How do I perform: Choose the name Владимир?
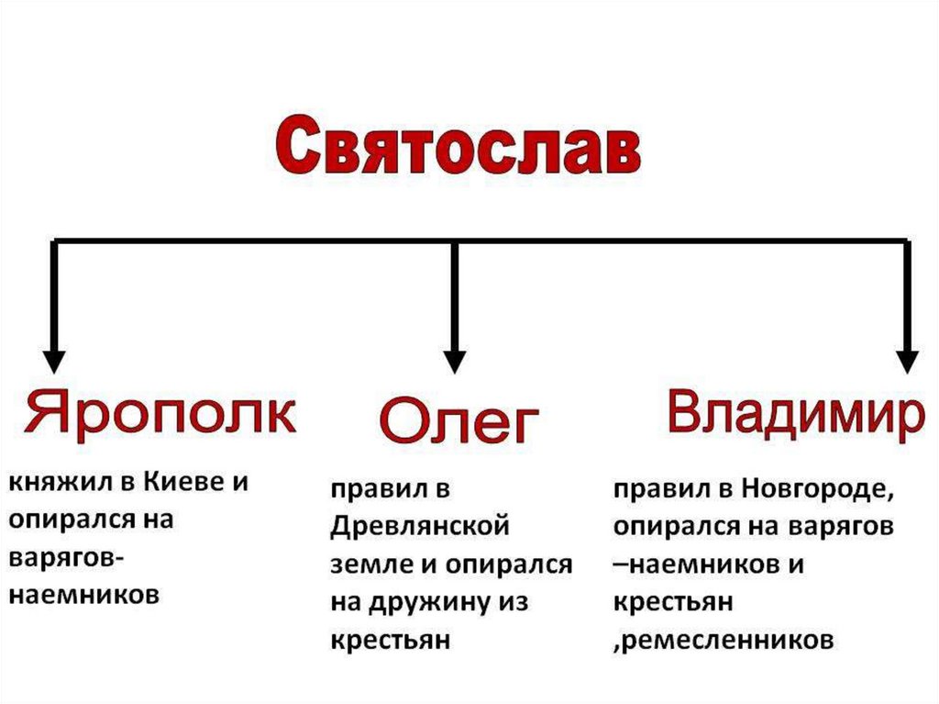794,416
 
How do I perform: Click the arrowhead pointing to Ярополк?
54,359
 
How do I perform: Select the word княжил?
50,484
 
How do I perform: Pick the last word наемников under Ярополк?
84,594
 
